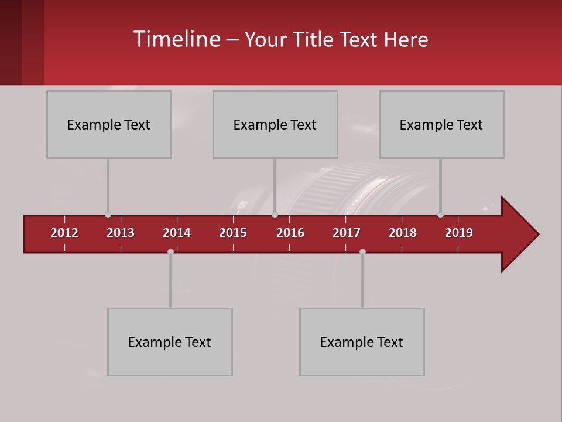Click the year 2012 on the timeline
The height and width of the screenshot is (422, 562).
(64, 233)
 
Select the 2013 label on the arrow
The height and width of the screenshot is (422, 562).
(121, 233)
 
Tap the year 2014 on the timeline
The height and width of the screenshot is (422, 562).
(177, 233)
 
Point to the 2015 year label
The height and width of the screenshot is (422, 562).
(233, 233)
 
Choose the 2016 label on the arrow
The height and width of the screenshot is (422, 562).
(290, 233)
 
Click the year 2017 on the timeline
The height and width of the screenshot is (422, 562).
(347, 233)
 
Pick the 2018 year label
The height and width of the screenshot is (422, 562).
(403, 233)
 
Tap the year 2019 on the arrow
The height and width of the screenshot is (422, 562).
(459, 233)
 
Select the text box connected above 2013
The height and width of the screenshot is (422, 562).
(109, 124)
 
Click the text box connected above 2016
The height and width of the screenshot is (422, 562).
(275, 124)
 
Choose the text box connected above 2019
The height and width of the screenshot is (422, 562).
(441, 124)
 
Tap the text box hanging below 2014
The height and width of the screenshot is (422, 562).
(170, 342)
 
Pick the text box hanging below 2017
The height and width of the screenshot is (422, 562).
(362, 342)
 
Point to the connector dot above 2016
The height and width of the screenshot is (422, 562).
(275, 215)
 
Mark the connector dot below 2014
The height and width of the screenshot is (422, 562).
(170, 251)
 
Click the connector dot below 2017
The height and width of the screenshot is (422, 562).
(362, 251)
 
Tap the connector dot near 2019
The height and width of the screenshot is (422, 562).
(440, 215)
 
